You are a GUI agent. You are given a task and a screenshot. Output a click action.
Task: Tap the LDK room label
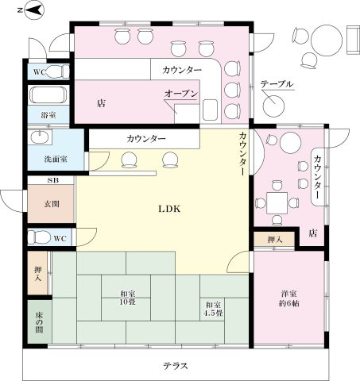point(169,210)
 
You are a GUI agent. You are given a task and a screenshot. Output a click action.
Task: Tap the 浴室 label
point(48,116)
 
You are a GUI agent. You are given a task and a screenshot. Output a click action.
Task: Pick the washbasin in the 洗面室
point(37,138)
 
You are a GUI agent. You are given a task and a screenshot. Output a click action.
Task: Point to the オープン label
point(181,94)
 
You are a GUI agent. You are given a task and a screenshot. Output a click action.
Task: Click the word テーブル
point(277,84)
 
